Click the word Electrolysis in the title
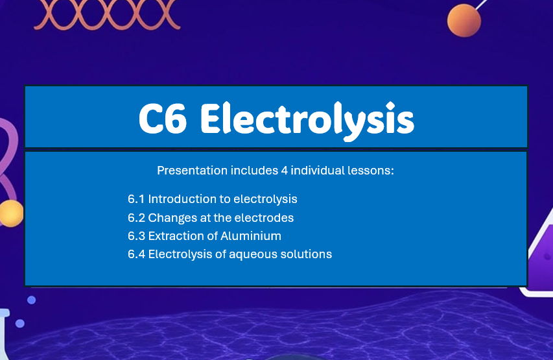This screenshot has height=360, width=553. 307,119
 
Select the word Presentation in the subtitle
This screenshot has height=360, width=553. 192,171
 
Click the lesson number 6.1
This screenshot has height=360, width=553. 136,199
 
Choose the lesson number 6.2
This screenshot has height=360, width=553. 136,217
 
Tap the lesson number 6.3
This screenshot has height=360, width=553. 136,235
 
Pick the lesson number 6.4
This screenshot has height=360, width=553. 136,254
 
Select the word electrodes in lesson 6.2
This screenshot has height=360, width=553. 266,217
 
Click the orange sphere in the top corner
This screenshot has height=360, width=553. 464,20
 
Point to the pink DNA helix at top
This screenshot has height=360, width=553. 107,14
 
